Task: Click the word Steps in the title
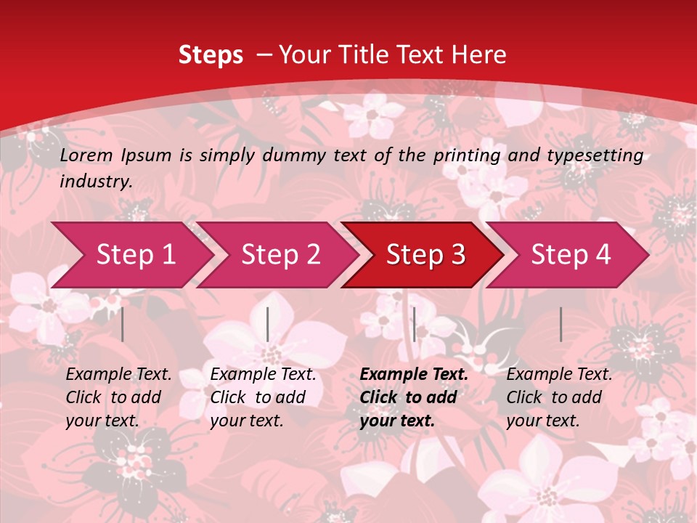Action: point(211,54)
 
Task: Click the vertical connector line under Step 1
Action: point(123,324)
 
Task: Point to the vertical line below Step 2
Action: point(268,324)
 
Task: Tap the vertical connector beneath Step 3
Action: point(414,324)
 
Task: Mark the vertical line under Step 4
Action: point(561,324)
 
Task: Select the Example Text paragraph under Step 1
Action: point(118,397)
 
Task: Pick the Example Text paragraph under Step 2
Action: point(263,397)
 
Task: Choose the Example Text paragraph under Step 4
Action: point(559,397)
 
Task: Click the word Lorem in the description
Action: point(86,155)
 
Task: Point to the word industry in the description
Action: point(95,182)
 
